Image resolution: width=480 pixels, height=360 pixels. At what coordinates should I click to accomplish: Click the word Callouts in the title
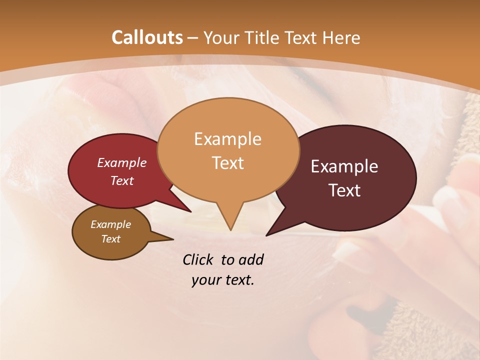(x=147, y=37)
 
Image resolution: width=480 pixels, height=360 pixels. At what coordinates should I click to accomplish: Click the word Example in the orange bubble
(x=227, y=138)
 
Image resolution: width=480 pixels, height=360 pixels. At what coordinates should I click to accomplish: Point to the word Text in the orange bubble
(x=227, y=162)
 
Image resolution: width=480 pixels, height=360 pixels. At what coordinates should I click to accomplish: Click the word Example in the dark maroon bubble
(x=344, y=166)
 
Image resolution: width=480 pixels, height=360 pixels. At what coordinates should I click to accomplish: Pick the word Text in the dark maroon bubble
(x=344, y=190)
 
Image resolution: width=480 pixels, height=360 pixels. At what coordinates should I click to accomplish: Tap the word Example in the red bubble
(x=122, y=162)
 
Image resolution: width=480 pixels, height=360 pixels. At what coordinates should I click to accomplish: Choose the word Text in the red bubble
(x=122, y=180)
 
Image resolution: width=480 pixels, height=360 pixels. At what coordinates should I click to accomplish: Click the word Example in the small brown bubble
(x=110, y=224)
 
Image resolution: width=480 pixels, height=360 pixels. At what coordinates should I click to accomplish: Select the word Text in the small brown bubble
(x=110, y=239)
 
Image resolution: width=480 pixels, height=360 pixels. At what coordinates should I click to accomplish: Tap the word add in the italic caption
(x=251, y=259)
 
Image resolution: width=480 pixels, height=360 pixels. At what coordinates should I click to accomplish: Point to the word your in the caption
(x=204, y=280)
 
